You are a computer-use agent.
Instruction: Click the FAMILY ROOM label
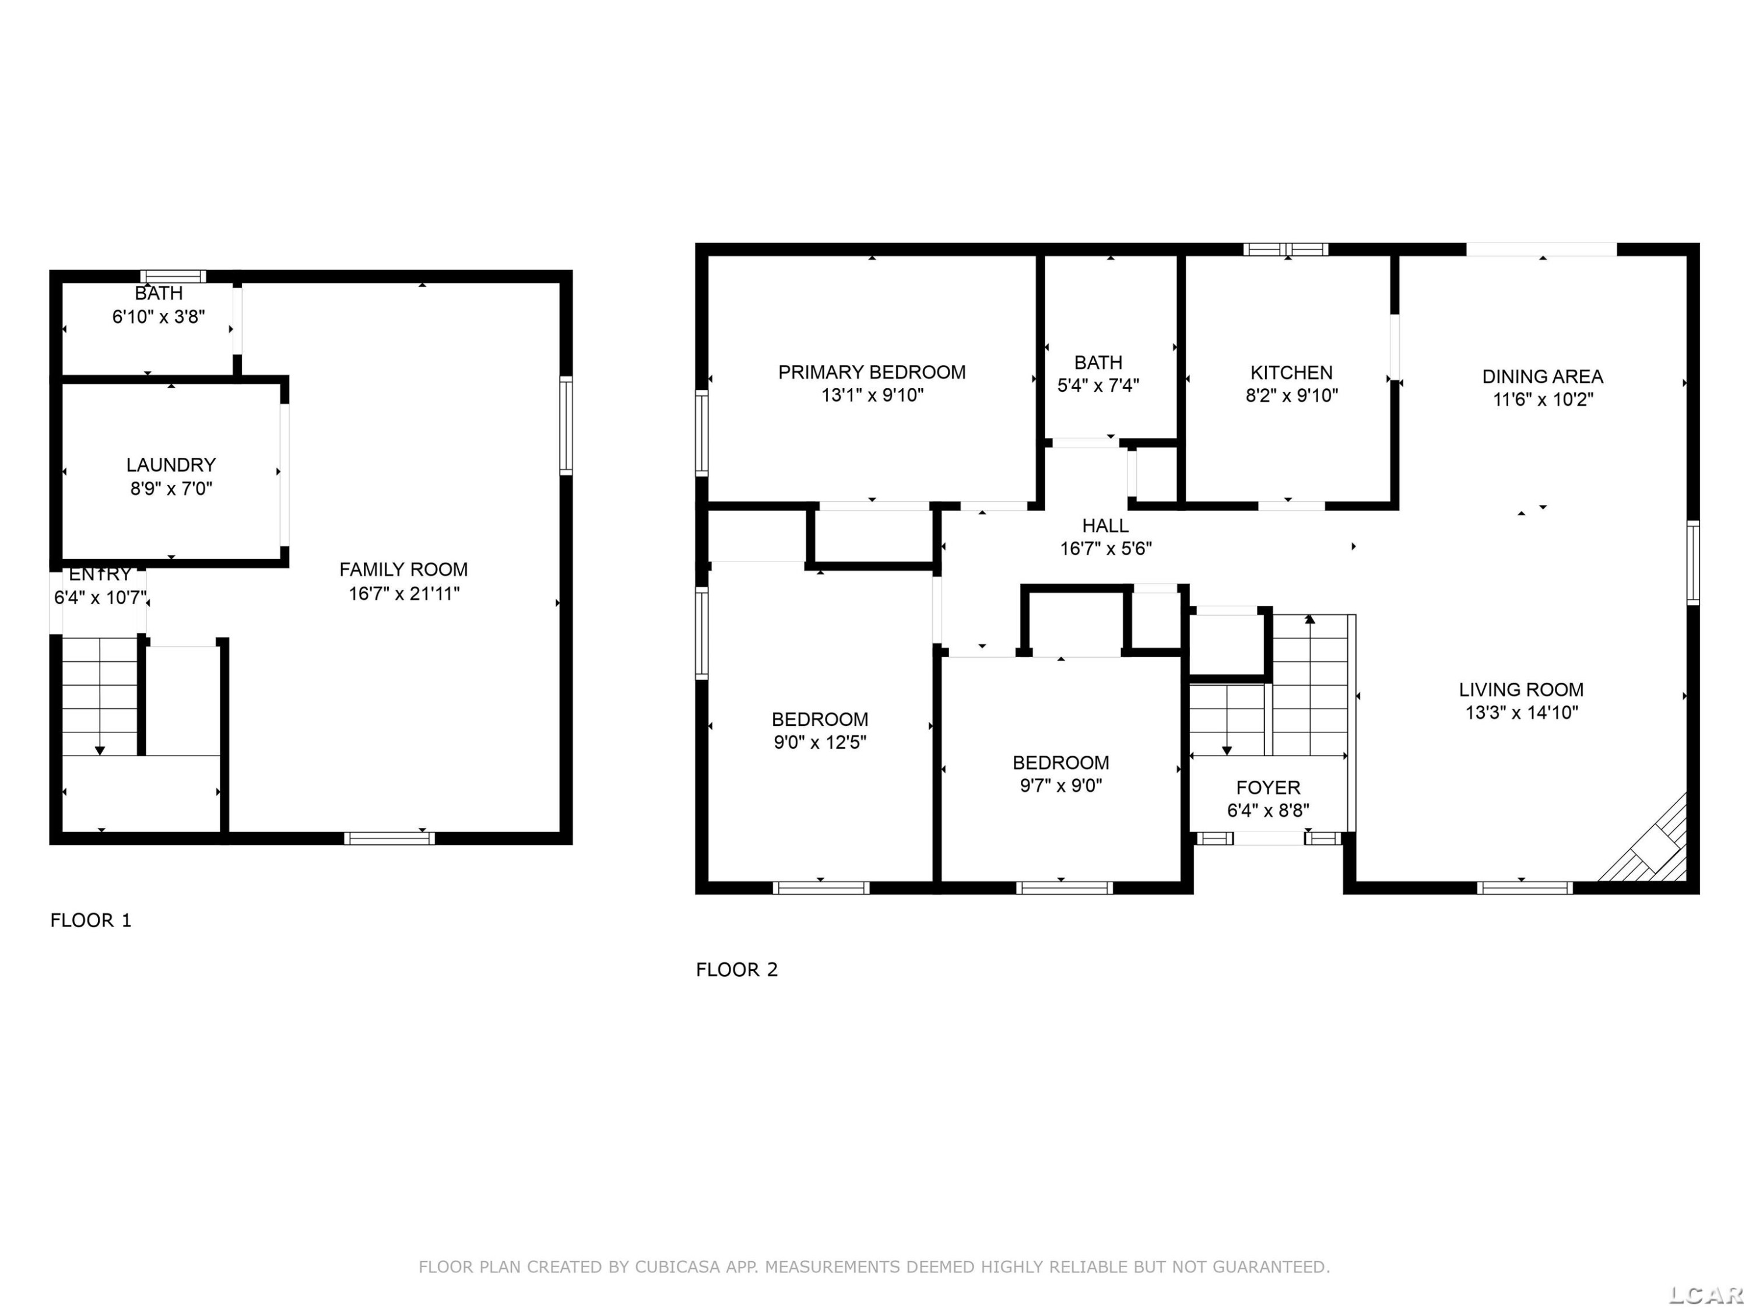click(403, 569)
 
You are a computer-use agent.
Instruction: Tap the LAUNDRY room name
click(171, 465)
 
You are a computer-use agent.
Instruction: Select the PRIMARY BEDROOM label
click(872, 373)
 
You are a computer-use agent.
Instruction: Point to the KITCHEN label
click(1291, 373)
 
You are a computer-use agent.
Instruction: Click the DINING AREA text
click(1542, 377)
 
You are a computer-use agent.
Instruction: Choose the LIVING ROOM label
click(1520, 690)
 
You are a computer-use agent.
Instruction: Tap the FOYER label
click(1267, 788)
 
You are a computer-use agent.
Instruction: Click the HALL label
click(1105, 525)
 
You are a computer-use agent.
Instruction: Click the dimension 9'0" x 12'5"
click(820, 742)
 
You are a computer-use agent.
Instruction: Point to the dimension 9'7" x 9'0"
click(1060, 785)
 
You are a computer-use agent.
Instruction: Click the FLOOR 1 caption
click(91, 920)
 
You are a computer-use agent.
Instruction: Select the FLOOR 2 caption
click(737, 970)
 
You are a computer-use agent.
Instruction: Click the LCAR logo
click(1706, 1294)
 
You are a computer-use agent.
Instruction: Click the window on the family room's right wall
click(566, 426)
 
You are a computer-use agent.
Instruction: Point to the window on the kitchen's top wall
click(1286, 249)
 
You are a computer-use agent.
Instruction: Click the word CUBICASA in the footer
click(677, 1267)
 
